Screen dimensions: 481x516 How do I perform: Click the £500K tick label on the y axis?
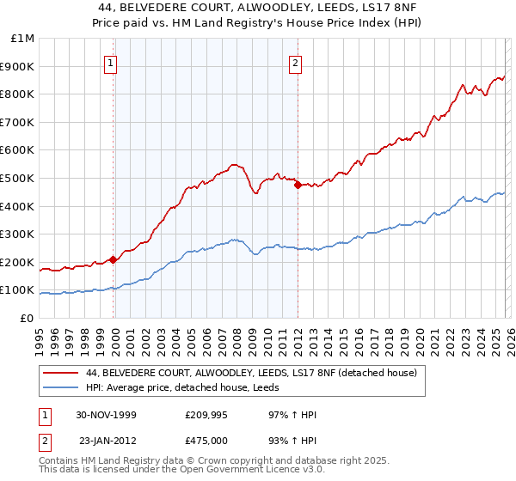(18, 178)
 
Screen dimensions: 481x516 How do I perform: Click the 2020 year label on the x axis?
(418, 338)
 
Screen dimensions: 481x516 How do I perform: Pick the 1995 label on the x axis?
(40, 338)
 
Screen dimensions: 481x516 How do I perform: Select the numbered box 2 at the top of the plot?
(296, 62)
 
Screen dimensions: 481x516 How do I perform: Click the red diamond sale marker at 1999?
(114, 259)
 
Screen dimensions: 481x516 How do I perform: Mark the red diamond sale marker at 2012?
(298, 185)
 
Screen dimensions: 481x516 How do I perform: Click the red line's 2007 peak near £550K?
(233, 163)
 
